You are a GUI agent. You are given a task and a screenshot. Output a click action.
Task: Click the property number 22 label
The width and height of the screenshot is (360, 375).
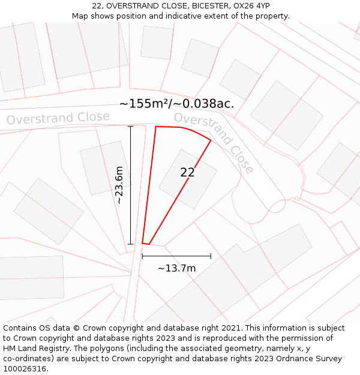click(x=187, y=173)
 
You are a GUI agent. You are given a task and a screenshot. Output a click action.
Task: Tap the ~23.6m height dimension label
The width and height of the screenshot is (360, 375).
click(x=119, y=185)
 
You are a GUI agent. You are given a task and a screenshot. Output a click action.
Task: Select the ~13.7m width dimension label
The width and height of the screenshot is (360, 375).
click(x=176, y=268)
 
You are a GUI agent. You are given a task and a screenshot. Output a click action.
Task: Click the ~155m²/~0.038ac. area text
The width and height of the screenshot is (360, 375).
click(x=176, y=104)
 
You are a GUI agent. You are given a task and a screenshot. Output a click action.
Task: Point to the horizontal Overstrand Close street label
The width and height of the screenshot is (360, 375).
click(x=58, y=118)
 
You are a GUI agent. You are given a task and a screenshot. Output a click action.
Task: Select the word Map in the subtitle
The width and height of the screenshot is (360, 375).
click(x=81, y=16)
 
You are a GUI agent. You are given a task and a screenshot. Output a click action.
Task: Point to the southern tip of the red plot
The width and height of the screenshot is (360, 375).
click(x=146, y=244)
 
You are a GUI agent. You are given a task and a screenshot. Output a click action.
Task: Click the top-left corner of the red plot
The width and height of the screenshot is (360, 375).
click(x=156, y=127)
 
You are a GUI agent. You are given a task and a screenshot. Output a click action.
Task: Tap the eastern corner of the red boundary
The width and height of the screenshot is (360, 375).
click(x=211, y=141)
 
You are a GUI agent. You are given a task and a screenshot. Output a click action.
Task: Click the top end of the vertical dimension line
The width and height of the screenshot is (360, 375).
click(x=130, y=127)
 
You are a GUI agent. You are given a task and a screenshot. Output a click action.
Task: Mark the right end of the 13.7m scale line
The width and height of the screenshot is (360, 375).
click(x=211, y=256)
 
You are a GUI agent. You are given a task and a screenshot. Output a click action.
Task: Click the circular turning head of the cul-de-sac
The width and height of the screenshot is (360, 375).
click(x=275, y=205)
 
